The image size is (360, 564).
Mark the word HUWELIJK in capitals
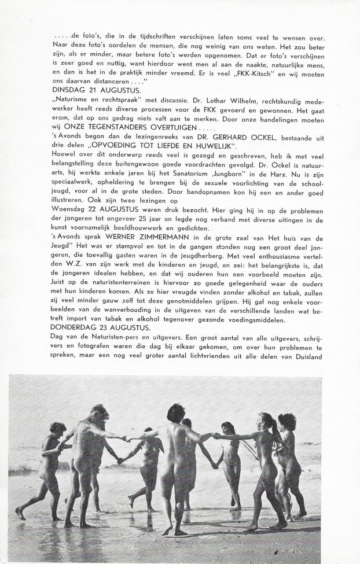click(x=211, y=152)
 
